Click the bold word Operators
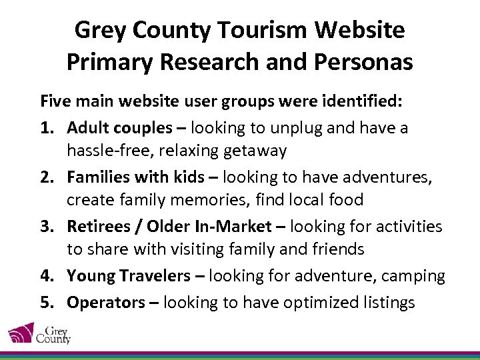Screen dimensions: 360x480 pyautogui.click(x=105, y=302)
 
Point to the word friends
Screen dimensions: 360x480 pyautogui.click(x=335, y=249)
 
